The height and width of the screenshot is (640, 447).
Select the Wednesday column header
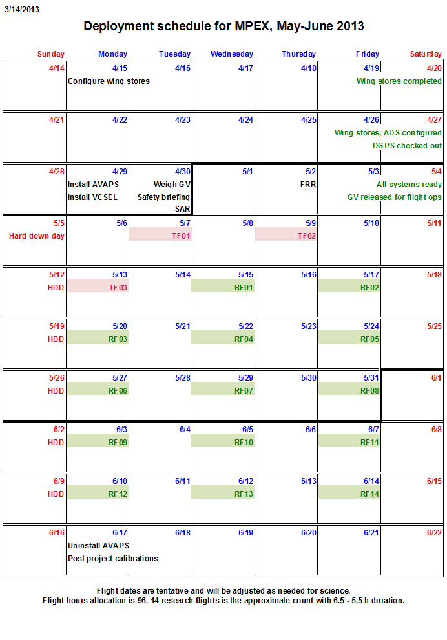coord(231,54)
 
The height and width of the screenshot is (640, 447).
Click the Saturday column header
coord(426,54)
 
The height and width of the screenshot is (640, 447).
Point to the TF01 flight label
coord(181,236)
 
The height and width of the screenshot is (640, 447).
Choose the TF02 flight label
coord(307,236)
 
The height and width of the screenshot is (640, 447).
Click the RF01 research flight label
coord(244,288)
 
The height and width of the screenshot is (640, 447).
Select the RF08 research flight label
coord(369,391)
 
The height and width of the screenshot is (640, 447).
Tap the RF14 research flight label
coord(369,494)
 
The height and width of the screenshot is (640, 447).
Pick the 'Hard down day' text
coord(36,236)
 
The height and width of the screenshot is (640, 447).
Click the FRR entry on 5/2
coord(308,185)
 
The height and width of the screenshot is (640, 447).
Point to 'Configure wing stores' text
coord(109,81)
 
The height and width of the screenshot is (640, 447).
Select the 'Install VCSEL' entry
coord(92,197)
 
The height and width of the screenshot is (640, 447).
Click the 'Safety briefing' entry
coord(163,197)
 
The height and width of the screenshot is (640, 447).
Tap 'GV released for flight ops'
coord(395,197)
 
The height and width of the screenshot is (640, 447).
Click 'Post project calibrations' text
coord(113,559)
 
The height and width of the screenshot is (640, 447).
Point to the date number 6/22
coord(434,533)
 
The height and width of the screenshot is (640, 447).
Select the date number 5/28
coord(183,378)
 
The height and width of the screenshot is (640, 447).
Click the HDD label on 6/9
coord(56,494)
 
